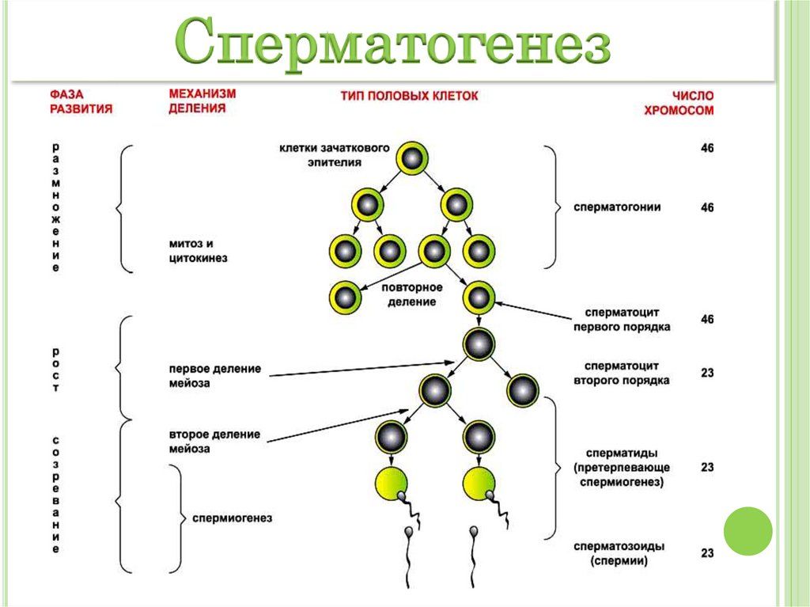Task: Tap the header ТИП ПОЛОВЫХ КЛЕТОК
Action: point(410,95)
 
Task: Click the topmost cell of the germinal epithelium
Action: point(411,159)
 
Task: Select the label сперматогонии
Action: point(619,207)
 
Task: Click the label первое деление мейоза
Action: point(214,376)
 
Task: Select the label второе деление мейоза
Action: point(214,441)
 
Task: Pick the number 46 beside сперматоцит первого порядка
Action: point(706,320)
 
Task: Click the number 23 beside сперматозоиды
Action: point(706,553)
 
